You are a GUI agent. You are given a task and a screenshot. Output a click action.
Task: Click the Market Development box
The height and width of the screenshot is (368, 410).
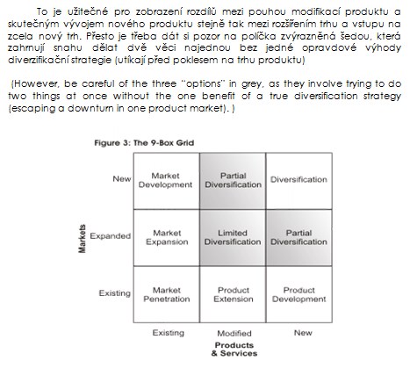(167, 181)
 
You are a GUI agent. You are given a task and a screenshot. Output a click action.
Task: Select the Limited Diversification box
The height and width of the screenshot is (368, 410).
(233, 238)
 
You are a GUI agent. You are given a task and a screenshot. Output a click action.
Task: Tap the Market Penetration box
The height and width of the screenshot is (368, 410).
(167, 294)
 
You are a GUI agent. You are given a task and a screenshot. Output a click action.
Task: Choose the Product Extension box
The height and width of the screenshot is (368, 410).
(233, 294)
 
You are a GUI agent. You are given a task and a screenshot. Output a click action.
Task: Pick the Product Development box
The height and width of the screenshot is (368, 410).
(299, 294)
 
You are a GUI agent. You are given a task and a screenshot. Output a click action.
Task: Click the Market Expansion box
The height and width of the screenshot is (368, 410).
(167, 238)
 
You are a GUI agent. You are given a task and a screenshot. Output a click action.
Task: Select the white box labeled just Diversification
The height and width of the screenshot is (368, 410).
(299, 181)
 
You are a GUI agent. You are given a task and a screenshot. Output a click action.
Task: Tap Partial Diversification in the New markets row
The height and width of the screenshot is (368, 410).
(233, 181)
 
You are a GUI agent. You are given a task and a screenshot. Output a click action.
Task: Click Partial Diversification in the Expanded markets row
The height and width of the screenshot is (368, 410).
(299, 238)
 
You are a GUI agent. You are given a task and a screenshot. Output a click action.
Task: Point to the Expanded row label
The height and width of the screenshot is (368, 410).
(110, 236)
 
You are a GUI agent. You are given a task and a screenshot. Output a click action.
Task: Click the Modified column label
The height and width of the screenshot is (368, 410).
(234, 333)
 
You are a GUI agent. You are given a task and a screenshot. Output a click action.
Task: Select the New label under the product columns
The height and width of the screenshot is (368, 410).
(303, 333)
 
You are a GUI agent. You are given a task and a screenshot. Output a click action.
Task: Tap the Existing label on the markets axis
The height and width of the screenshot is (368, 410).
(114, 293)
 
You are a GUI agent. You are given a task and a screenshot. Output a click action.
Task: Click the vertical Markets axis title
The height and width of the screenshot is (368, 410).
(83, 239)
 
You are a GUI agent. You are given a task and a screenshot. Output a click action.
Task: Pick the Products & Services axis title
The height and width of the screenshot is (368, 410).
(234, 350)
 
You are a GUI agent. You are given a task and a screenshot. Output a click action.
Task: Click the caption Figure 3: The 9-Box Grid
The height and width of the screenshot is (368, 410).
(144, 143)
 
